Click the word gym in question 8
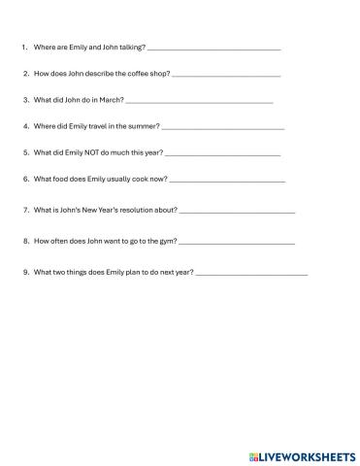tap(165, 241)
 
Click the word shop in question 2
tap(155, 73)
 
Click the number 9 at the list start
tap(23, 272)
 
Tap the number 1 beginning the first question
tap(22, 47)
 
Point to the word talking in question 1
tap(129, 47)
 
